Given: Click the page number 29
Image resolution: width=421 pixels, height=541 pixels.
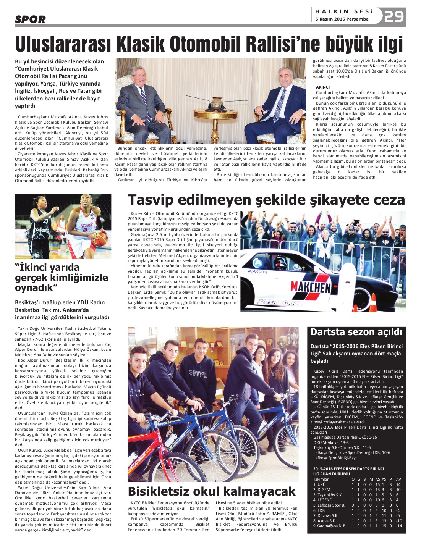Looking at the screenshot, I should pyautogui.click(x=394, y=16).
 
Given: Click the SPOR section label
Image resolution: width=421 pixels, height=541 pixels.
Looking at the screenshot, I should pyautogui.click(x=30, y=19).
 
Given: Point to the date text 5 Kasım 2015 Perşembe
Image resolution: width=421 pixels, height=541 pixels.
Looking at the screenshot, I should pyautogui.click(x=342, y=19).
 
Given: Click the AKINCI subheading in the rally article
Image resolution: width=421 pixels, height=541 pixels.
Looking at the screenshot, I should pyautogui.click(x=323, y=87).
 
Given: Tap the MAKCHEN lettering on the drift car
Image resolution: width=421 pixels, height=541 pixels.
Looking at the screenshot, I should pyautogui.click(x=310, y=287).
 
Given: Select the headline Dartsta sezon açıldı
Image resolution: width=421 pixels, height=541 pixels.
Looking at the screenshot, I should pyautogui.click(x=356, y=332).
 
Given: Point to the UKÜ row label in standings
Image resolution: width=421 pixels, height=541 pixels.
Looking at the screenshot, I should pyautogui.click(x=319, y=484).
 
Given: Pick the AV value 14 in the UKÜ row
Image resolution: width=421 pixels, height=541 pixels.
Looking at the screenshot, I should pyautogui.click(x=398, y=484).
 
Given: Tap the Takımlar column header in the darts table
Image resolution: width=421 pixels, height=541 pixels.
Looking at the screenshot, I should pyautogui.click(x=321, y=479).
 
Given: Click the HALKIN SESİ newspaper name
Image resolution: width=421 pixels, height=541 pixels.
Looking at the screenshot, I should pyautogui.click(x=344, y=11).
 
